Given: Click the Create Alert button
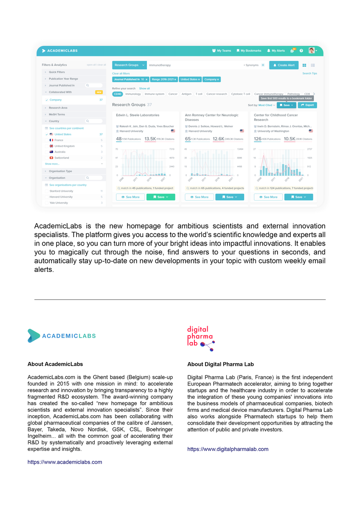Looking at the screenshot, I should pyautogui.click(x=284, y=65).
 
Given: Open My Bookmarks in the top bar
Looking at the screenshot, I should pyautogui.click(x=249, y=50).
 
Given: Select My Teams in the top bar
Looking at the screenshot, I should pyautogui.click(x=222, y=50).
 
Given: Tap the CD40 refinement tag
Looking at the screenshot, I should pyautogui.click(x=117, y=94).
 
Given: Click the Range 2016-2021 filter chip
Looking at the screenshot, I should pyautogui.click(x=163, y=79).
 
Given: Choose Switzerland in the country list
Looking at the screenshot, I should pyautogui.click(x=62, y=158).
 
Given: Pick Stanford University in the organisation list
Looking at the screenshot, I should pyautogui.click(x=61, y=191).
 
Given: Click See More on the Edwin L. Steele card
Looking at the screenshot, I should pyautogui.click(x=130, y=197).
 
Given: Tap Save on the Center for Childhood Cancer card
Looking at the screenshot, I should pyautogui.click(x=298, y=197).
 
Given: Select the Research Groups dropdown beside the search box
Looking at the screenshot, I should pyautogui.click(x=129, y=65).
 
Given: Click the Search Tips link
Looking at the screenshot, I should pyautogui.click(x=309, y=73).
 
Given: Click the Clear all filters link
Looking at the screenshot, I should pyautogui.click(x=121, y=73).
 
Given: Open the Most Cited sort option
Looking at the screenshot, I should pyautogui.click(x=266, y=105).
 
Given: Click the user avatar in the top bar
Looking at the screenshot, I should pyautogui.click(x=312, y=50).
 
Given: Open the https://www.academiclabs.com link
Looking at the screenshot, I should pyautogui.click(x=65, y=462).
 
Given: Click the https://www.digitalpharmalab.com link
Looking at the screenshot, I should pyautogui.click(x=228, y=449).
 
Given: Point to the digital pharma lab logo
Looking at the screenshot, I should pyautogui.click(x=201, y=338).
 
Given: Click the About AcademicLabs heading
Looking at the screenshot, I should pyautogui.click(x=55, y=364).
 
